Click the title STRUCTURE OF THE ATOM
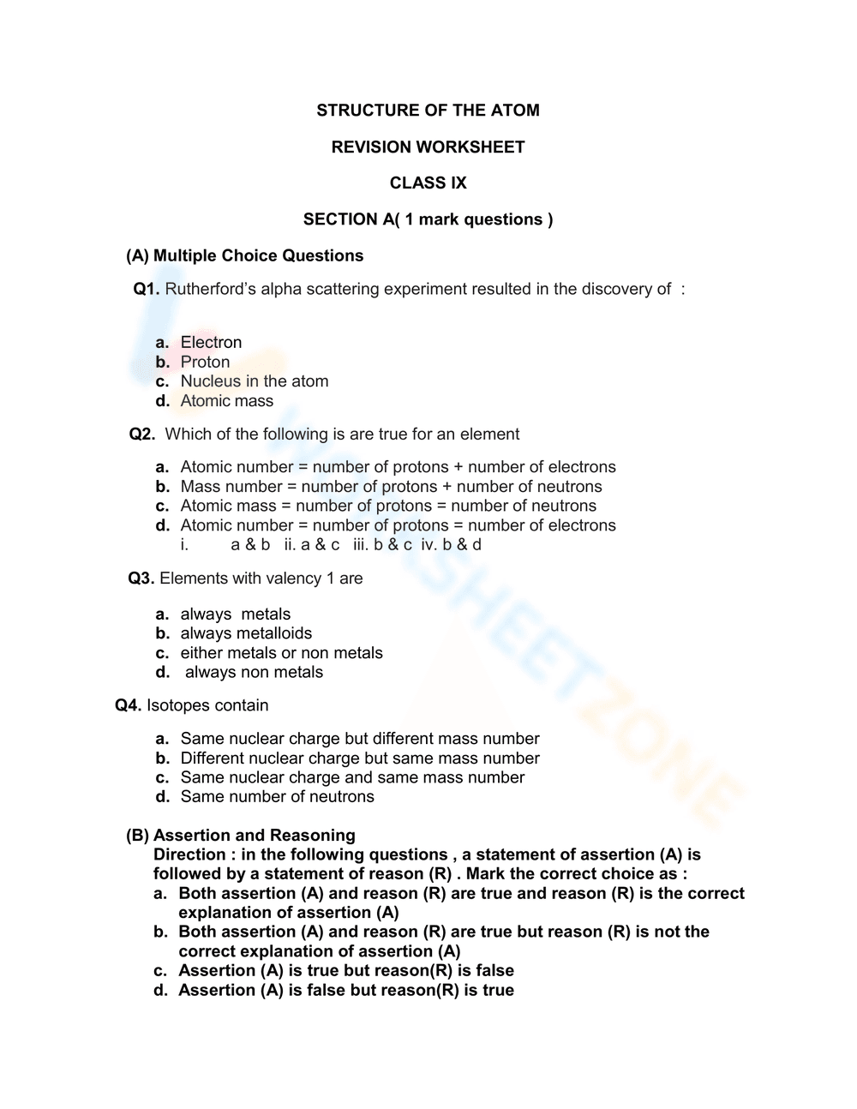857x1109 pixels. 428,111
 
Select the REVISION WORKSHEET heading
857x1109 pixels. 428,147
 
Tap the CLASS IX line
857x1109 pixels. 428,183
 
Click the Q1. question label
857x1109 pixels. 146,290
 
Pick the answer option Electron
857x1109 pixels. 211,343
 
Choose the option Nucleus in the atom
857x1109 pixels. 254,381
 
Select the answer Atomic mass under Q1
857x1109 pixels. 226,401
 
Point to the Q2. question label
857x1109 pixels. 142,435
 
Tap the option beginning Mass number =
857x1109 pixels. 391,487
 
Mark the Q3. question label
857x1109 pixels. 141,578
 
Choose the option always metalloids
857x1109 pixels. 246,633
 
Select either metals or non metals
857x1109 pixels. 281,653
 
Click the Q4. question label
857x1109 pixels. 128,705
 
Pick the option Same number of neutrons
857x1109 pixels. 277,797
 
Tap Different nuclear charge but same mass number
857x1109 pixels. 360,758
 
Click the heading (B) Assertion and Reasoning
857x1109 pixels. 241,836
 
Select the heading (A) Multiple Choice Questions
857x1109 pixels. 245,256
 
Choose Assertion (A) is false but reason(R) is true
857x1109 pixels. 345,991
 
